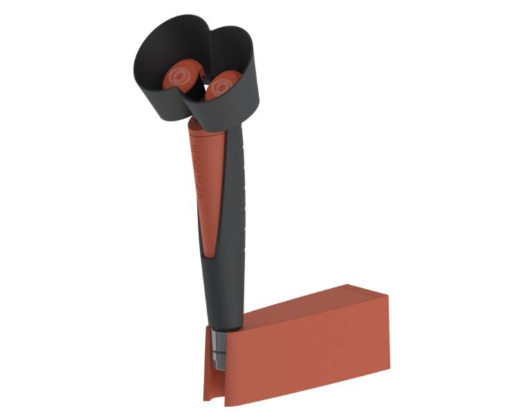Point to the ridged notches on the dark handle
[242, 187]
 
